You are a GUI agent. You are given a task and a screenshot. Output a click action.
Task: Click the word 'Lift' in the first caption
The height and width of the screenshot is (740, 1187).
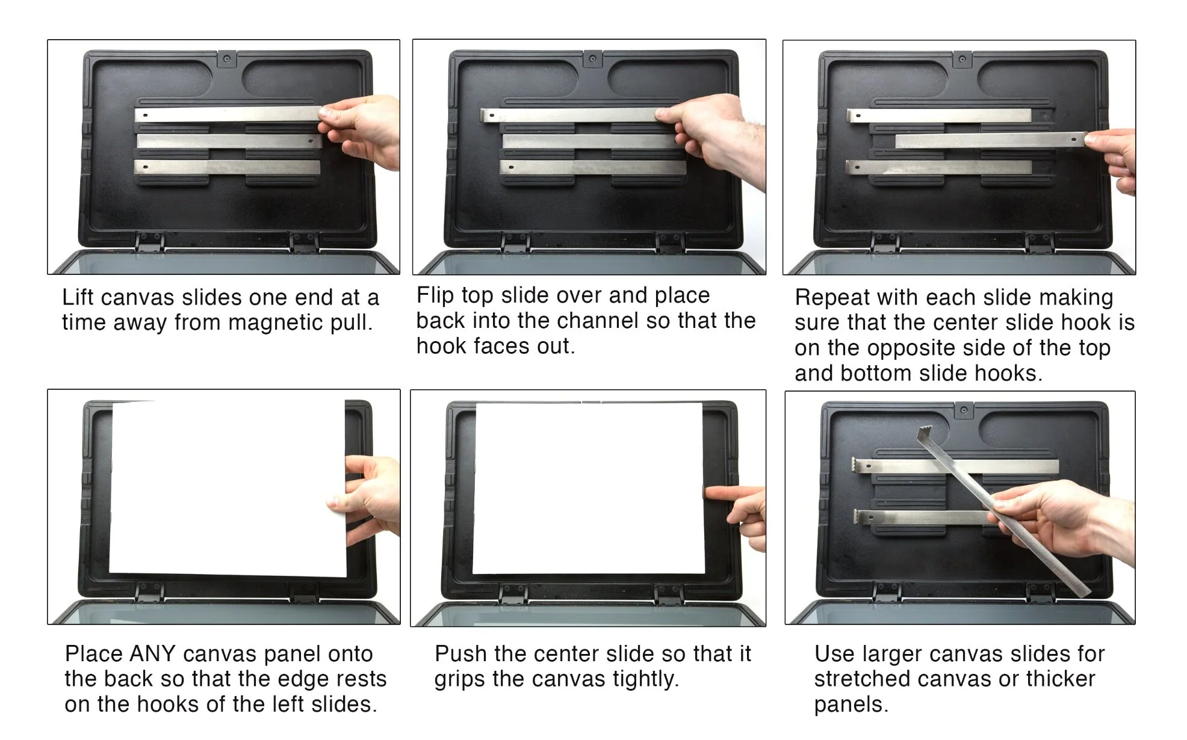(78, 297)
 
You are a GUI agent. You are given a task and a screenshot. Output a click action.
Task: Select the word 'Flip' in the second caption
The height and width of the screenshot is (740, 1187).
(435, 295)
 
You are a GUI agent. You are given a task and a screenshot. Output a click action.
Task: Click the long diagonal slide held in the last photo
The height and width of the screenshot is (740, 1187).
(1004, 511)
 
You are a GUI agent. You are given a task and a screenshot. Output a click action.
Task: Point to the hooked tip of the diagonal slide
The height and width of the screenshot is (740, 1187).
(925, 431)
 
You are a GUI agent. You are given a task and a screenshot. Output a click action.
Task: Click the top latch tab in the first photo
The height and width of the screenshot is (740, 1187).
(227, 58)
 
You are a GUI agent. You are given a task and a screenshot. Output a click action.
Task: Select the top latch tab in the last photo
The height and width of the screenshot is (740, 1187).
(964, 410)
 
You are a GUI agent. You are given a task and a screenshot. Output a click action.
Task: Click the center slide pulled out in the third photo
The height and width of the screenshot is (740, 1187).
(991, 140)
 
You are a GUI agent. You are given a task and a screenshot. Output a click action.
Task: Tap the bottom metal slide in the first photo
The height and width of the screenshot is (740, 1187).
(228, 167)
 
